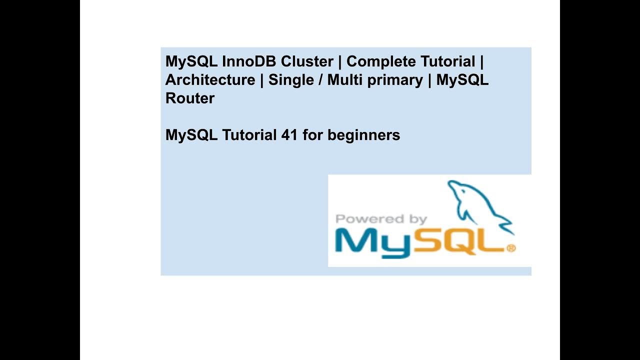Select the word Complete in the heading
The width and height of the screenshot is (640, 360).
click(x=377, y=61)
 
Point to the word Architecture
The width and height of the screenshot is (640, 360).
click(x=210, y=80)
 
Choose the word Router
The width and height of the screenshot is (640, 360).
click(x=189, y=98)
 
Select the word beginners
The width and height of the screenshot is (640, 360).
click(x=363, y=135)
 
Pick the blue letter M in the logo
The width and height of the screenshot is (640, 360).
click(x=355, y=241)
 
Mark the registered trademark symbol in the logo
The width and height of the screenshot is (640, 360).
click(x=510, y=248)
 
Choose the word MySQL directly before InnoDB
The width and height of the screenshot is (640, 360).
click(x=191, y=62)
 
